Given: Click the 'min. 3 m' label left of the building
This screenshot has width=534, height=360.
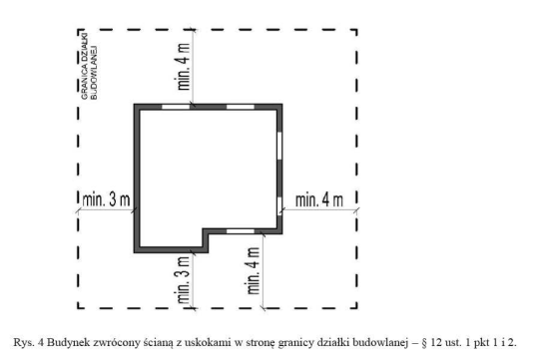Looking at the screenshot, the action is [x=106, y=199].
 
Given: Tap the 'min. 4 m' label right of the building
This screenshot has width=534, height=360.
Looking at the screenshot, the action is [x=319, y=199].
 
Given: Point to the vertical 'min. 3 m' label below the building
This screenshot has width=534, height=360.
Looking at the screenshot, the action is [x=184, y=280].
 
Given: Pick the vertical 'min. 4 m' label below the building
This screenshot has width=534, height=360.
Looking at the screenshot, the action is [x=254, y=270].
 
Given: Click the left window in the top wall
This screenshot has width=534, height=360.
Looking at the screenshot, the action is [x=176, y=107].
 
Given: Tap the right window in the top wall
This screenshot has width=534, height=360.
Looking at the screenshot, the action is [x=241, y=107].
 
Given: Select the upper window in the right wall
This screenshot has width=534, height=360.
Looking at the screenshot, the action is [x=279, y=146].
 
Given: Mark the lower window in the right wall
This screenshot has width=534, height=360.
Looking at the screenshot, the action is [x=279, y=204].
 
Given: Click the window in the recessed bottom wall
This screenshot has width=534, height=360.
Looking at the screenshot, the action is [x=241, y=231].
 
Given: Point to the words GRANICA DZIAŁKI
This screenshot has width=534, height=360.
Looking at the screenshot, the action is [x=85, y=66].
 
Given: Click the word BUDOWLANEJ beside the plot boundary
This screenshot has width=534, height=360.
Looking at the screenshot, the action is [x=94, y=72].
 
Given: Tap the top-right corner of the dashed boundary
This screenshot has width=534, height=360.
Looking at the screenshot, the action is [x=356, y=30].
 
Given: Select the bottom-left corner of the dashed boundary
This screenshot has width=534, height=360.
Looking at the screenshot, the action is [x=78, y=308].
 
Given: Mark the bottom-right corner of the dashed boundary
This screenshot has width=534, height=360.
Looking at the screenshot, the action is [x=356, y=308].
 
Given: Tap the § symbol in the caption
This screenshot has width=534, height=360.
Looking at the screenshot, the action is [x=424, y=343].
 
